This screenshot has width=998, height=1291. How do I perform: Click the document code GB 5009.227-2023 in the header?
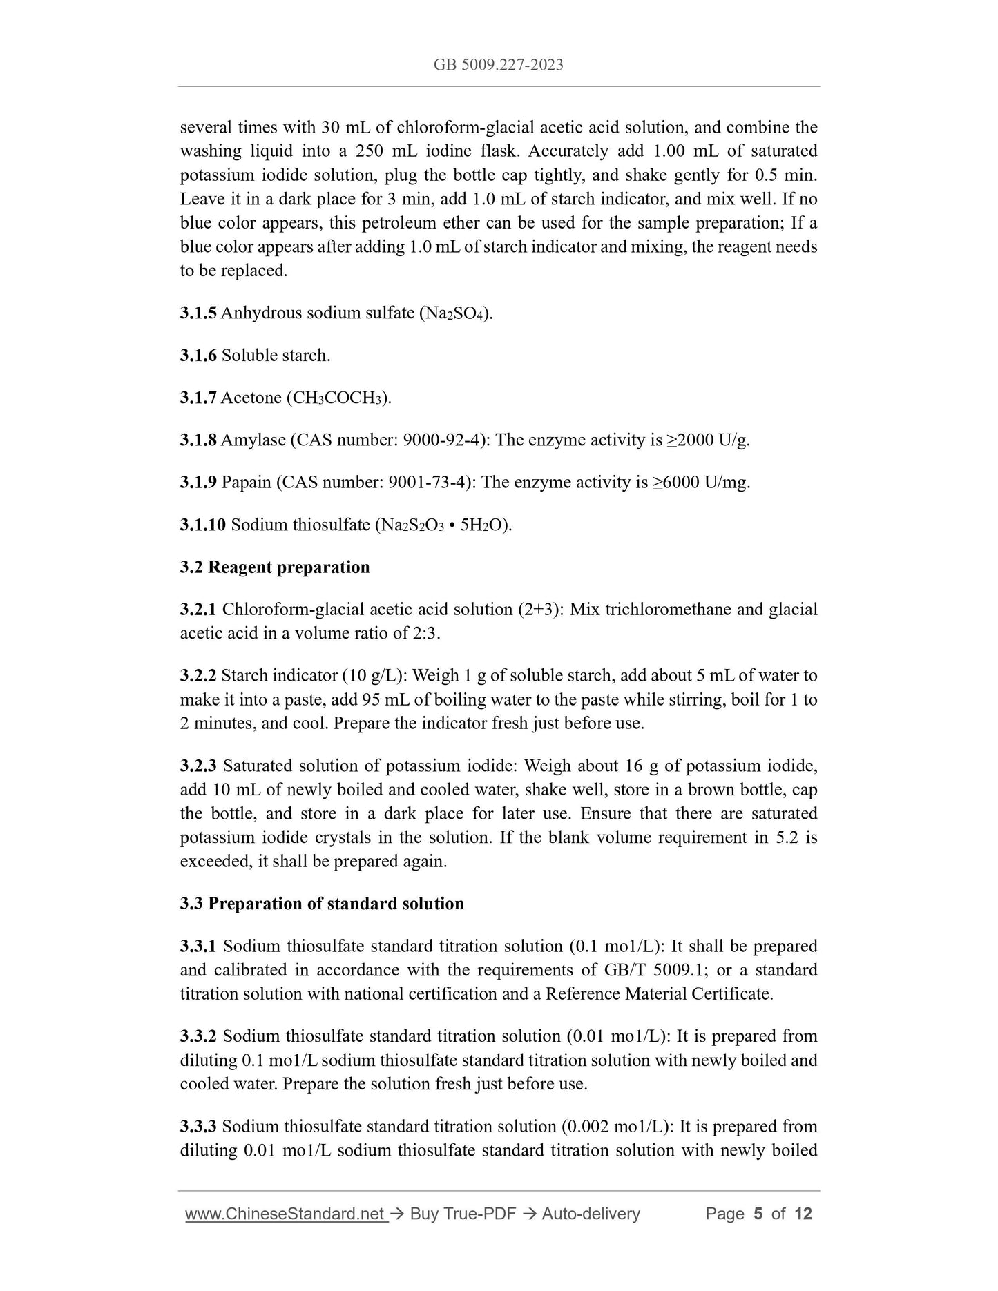(x=498, y=65)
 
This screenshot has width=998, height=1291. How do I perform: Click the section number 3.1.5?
(x=198, y=313)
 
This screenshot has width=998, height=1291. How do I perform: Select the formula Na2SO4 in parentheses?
(x=456, y=313)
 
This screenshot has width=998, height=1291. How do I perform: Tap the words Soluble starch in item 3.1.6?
(x=276, y=356)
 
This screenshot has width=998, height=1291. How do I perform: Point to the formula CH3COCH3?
(x=338, y=398)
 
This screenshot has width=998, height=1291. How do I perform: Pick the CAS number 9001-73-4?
(x=428, y=483)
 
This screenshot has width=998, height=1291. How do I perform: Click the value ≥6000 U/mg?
(x=701, y=483)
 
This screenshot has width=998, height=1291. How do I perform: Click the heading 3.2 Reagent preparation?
(x=275, y=567)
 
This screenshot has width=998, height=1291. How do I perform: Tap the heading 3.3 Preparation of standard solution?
(x=322, y=904)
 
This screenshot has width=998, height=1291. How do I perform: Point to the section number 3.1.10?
(x=202, y=525)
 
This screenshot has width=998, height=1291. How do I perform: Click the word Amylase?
(x=253, y=440)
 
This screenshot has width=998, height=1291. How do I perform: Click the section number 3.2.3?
(x=198, y=766)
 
